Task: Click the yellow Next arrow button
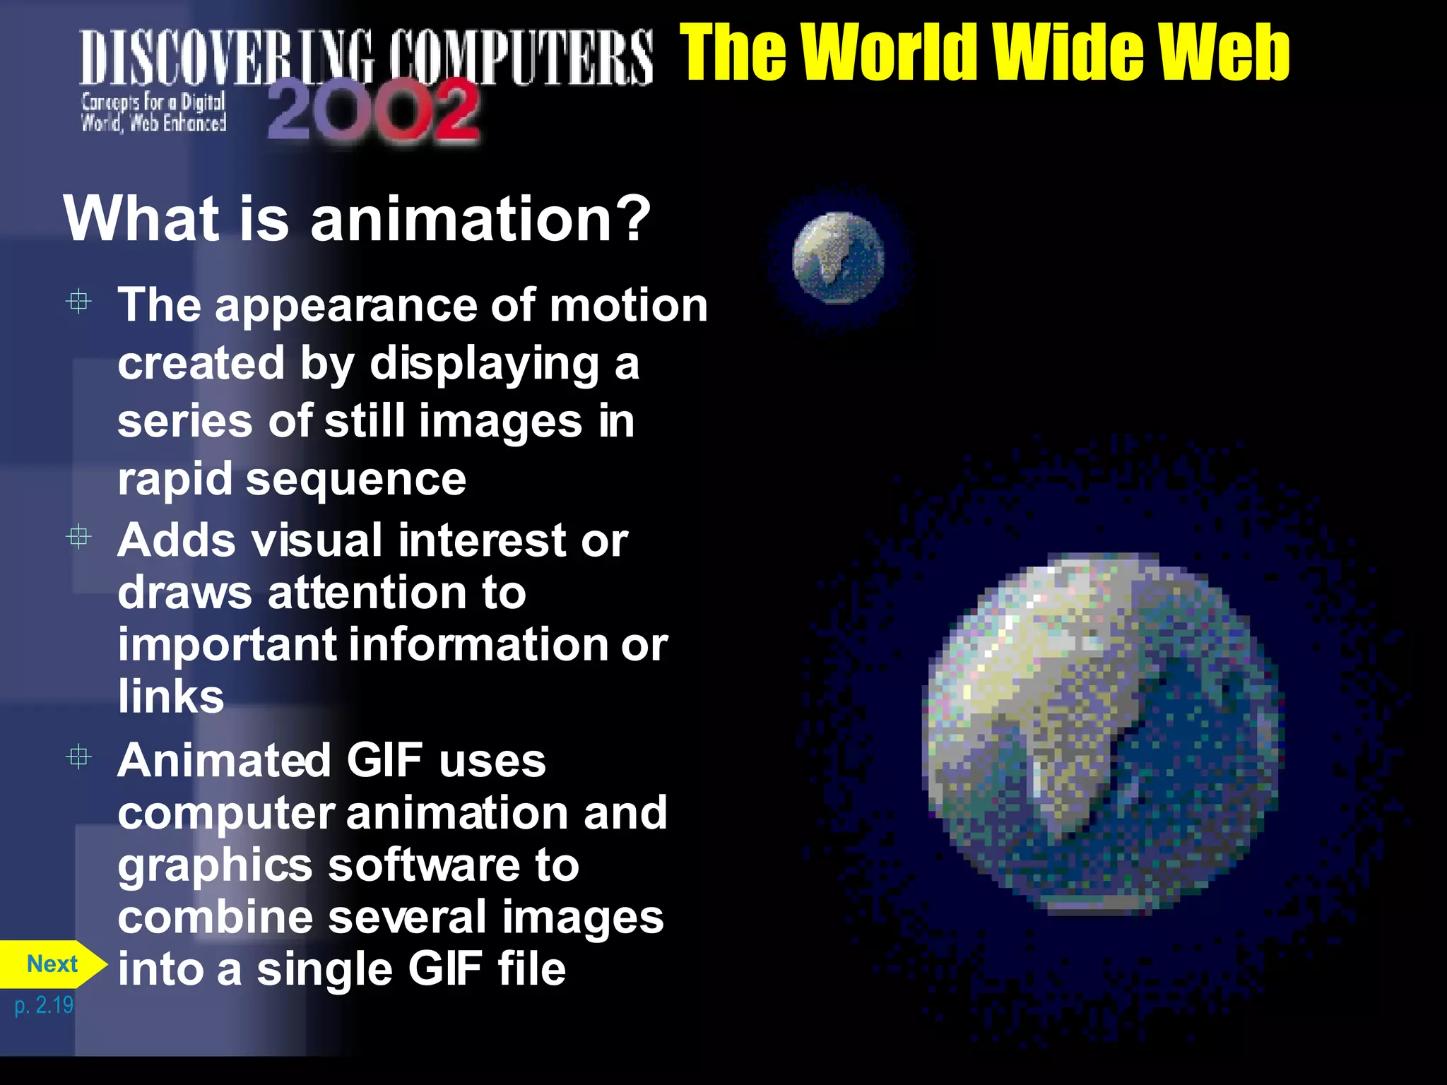pos(52,964)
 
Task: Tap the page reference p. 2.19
pos(44,1004)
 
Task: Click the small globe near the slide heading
pos(838,259)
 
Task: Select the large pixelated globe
pos(1102,735)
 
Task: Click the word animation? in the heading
pos(480,219)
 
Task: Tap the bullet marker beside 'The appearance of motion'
pos(78,302)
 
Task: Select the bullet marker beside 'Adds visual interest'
pos(78,538)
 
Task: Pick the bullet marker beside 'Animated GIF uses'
pos(78,758)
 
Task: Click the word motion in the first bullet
pos(628,305)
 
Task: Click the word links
pos(171,696)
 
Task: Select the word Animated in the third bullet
pos(225,761)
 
